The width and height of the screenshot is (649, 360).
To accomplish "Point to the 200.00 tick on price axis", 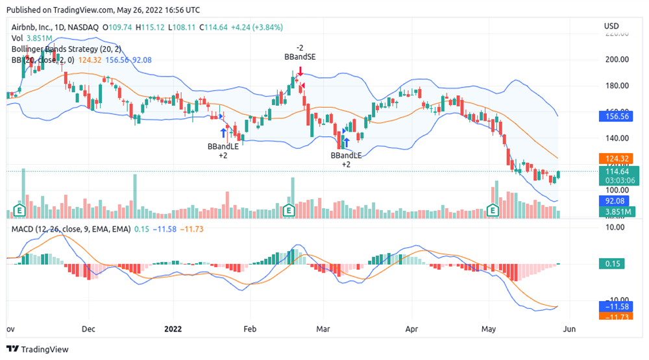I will [x=616, y=60].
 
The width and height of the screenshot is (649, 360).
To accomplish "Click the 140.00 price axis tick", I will [x=616, y=138].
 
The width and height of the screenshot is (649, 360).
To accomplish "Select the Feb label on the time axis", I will [x=250, y=329].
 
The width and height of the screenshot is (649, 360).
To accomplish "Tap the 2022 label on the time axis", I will [x=174, y=329].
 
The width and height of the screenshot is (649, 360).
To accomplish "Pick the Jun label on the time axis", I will [x=569, y=329].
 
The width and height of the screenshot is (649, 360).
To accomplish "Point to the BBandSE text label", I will [x=300, y=57].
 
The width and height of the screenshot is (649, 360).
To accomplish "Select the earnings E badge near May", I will [x=493, y=210].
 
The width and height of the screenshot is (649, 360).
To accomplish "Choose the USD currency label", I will [x=611, y=26].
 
